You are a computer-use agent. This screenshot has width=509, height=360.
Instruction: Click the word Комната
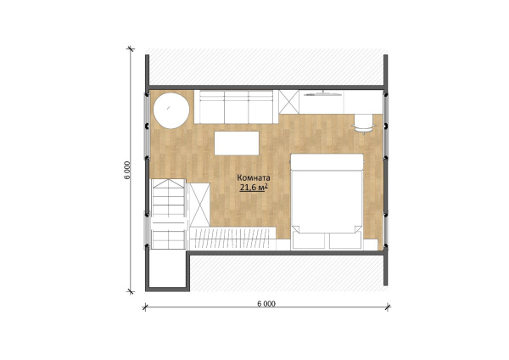pyautogui.click(x=254, y=178)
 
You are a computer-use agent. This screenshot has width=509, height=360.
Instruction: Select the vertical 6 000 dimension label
pyautogui.click(x=127, y=170)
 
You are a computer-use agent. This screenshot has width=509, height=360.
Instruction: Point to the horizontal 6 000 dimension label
pyautogui.click(x=266, y=304)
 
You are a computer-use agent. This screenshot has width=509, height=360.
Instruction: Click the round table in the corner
pyautogui.click(x=171, y=110)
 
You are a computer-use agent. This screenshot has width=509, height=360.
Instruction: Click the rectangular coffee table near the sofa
pyautogui.click(x=237, y=143)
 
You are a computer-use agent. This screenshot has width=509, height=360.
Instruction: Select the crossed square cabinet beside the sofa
pyautogui.click(x=288, y=102)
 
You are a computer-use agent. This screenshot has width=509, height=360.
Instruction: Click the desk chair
pyautogui.click(x=363, y=124)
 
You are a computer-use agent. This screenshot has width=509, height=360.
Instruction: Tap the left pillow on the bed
pyautogui.click(x=309, y=241)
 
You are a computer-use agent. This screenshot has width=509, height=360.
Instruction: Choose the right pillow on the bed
pyautogui.click(x=346, y=241)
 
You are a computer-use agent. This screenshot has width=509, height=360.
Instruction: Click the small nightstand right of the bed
pyautogui.click(x=371, y=245)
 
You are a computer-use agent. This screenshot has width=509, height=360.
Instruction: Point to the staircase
pyautogui.click(x=169, y=214)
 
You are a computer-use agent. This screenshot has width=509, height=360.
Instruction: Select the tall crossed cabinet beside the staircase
pyautogui.click(x=199, y=205)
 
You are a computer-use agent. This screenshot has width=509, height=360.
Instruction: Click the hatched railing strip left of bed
pyautogui.click(x=232, y=238)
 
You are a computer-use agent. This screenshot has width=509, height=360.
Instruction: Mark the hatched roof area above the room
pyautogui.click(x=266, y=66)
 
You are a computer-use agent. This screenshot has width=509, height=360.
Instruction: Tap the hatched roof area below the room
pyautogui.click(x=287, y=273)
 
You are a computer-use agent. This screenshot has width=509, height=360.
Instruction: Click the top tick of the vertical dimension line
pyautogui.click(x=131, y=49)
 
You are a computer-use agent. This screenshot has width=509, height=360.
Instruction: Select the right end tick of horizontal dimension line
pyautogui.click(x=388, y=307)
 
